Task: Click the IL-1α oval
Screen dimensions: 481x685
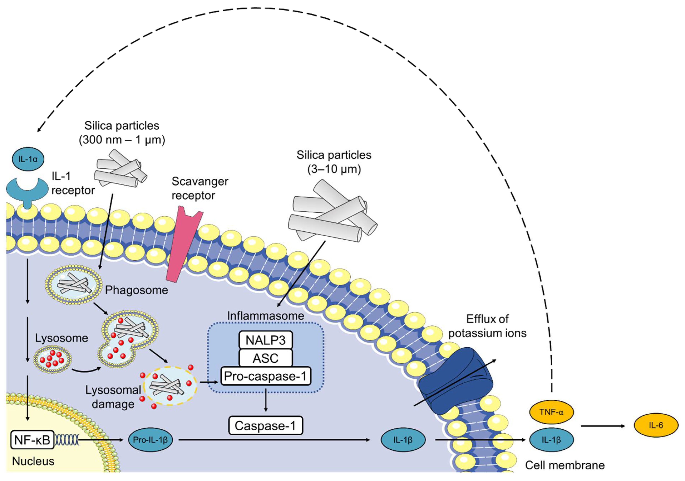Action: pos(28,159)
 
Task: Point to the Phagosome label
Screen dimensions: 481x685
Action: pos(136,290)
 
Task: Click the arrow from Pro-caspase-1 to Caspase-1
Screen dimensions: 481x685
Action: pos(266,400)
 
